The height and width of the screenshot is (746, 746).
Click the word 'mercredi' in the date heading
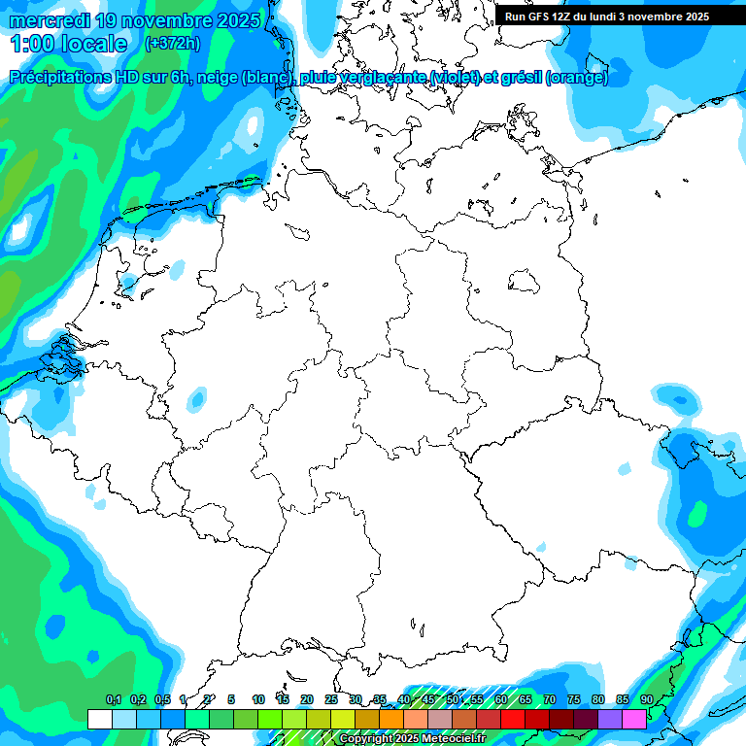click(49, 20)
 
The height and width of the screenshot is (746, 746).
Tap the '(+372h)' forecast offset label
click(172, 44)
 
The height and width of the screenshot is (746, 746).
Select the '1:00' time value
click(33, 44)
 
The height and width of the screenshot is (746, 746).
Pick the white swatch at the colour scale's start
click(99, 719)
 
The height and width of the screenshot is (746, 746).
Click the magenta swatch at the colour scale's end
click(634, 719)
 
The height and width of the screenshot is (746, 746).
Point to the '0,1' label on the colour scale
click(113, 699)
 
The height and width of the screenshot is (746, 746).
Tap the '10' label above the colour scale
click(258, 699)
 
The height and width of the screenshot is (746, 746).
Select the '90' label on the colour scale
click(647, 699)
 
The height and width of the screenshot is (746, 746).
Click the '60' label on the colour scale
click(501, 699)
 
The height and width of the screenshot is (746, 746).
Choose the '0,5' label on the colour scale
click(161, 699)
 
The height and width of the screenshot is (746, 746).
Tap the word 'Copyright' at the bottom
click(365, 739)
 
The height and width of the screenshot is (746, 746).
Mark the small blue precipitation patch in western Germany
click(197, 397)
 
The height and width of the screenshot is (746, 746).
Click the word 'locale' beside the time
click(93, 44)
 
